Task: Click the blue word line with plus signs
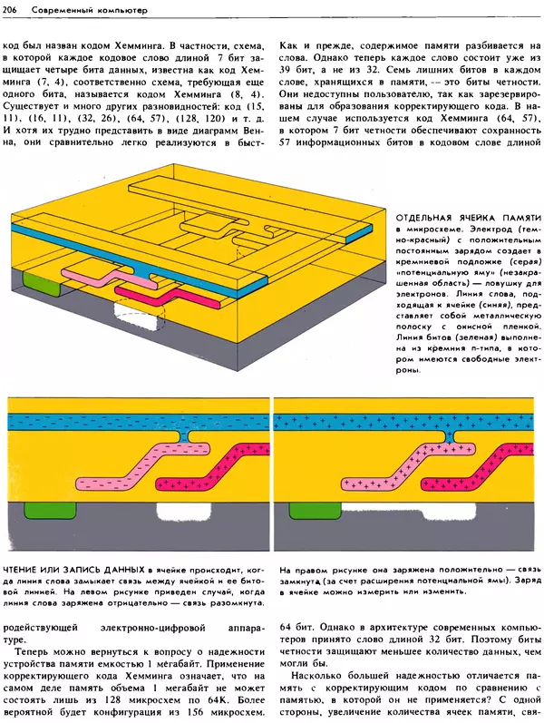408,420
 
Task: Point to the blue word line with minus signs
136,420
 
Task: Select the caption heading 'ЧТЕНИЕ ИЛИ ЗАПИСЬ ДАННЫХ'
72,570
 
